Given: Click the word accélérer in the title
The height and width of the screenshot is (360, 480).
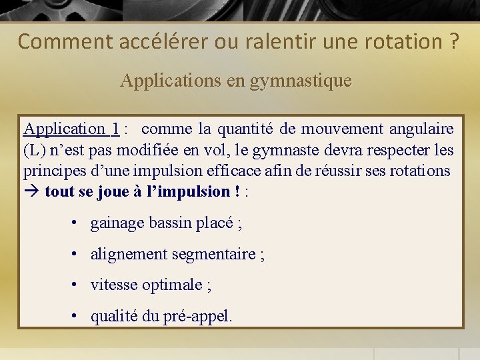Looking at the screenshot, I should [x=163, y=42].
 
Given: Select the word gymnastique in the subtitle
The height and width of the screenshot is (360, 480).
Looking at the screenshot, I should [x=301, y=81].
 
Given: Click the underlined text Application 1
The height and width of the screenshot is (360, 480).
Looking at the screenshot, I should [x=71, y=129].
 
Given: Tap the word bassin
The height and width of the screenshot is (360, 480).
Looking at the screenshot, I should [x=171, y=223].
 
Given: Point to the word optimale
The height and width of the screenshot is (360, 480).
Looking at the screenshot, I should [x=175, y=285].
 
